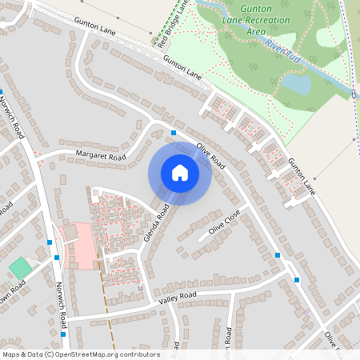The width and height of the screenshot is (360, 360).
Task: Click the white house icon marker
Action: (x=180, y=173)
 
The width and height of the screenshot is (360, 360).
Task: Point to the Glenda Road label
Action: (x=157, y=223)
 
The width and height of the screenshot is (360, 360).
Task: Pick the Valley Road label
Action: (x=178, y=297)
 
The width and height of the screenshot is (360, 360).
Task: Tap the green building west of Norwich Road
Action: (x=18, y=268)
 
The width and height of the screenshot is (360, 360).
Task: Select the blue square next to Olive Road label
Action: (x=174, y=133)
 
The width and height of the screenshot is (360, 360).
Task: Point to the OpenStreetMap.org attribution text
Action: (x=80, y=354)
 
